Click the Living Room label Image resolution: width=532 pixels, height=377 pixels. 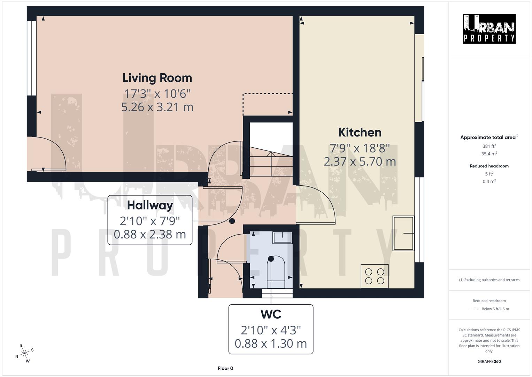click(x=157, y=78)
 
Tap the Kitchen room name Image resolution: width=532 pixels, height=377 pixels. click(x=360, y=132)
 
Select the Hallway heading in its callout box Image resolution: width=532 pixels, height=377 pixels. click(x=150, y=205)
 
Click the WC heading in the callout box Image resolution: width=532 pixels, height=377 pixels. click(x=271, y=314)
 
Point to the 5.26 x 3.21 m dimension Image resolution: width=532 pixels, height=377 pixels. click(x=157, y=107)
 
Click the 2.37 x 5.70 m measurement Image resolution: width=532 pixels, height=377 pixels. click(x=360, y=162)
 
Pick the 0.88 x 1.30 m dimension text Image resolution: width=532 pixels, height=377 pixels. click(x=271, y=343)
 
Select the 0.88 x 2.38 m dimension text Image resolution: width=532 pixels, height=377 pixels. click(x=150, y=234)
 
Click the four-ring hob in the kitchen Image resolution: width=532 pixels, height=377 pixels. click(x=375, y=276)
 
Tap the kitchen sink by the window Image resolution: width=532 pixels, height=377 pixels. click(x=403, y=233)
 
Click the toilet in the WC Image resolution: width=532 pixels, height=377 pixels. click(x=276, y=271)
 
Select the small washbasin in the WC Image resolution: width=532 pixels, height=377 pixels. click(x=283, y=237)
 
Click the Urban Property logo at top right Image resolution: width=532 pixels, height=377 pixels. click(x=489, y=29)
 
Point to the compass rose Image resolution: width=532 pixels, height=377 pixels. click(x=24, y=353)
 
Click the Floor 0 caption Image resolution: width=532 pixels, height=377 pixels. click(x=225, y=368)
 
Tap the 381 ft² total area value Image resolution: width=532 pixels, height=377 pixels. click(x=489, y=146)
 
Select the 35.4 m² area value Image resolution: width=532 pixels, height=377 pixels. click(x=489, y=154)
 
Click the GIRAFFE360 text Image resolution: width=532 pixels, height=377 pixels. click(x=489, y=361)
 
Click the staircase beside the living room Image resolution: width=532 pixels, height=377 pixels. click(x=271, y=154)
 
